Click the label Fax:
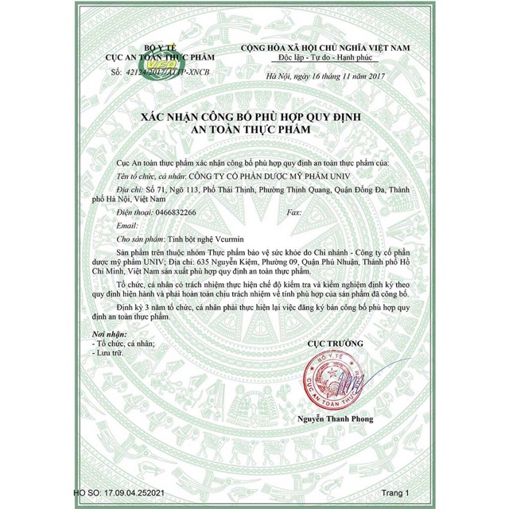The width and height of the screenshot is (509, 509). tap(293, 213)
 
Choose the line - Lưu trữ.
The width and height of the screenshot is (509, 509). tap(111, 350)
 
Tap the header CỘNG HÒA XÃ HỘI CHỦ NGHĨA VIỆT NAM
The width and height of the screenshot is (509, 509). tap(336, 49)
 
